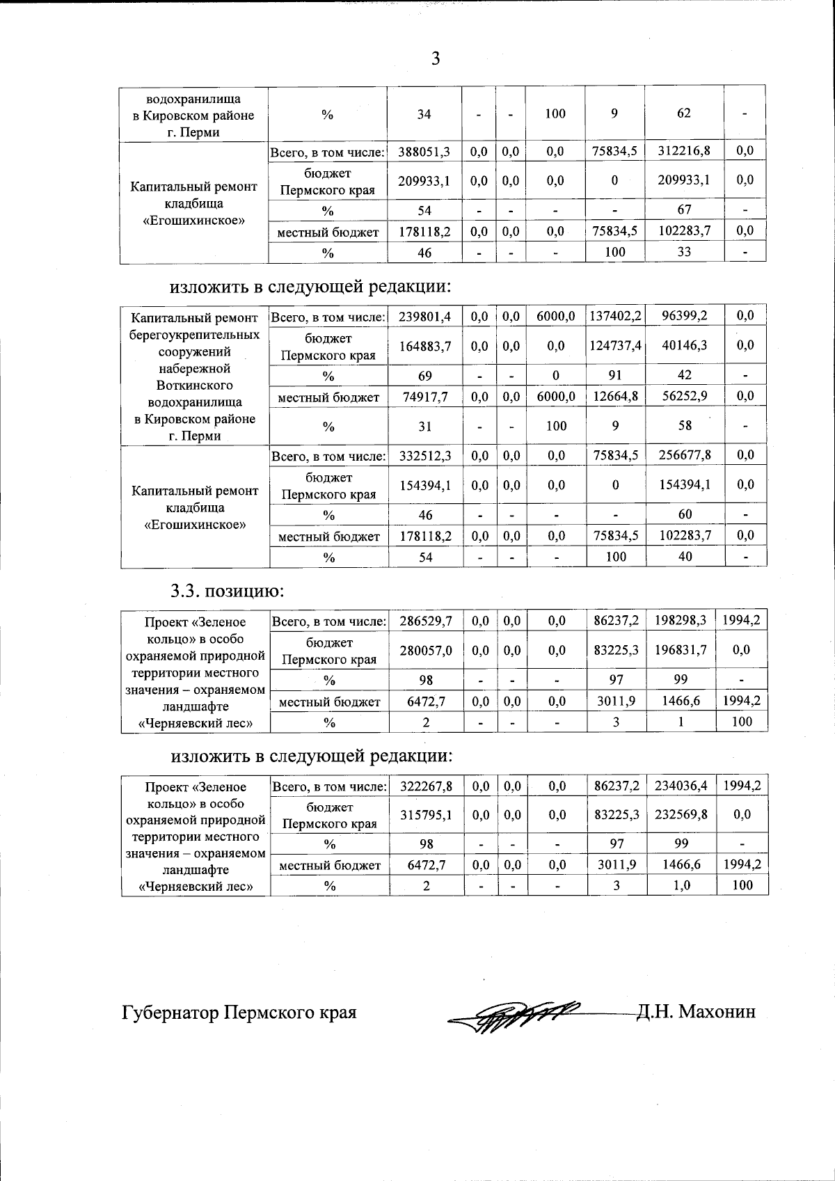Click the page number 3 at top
pos(436,58)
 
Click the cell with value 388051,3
pos(424,151)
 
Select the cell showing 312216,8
pos(684,151)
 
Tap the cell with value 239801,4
pos(425,317)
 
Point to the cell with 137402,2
pos(615,317)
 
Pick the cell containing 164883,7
pos(425,346)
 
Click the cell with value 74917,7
pos(425,397)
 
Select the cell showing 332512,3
pos(425,456)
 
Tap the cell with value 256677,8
pos(685,456)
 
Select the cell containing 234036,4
pos(681,786)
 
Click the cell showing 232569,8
pos(681,815)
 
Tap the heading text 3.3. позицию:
pos(228,592)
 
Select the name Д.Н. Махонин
pos(695,1011)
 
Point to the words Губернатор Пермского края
pos(239,1012)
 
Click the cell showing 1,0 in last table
pos(681,886)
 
